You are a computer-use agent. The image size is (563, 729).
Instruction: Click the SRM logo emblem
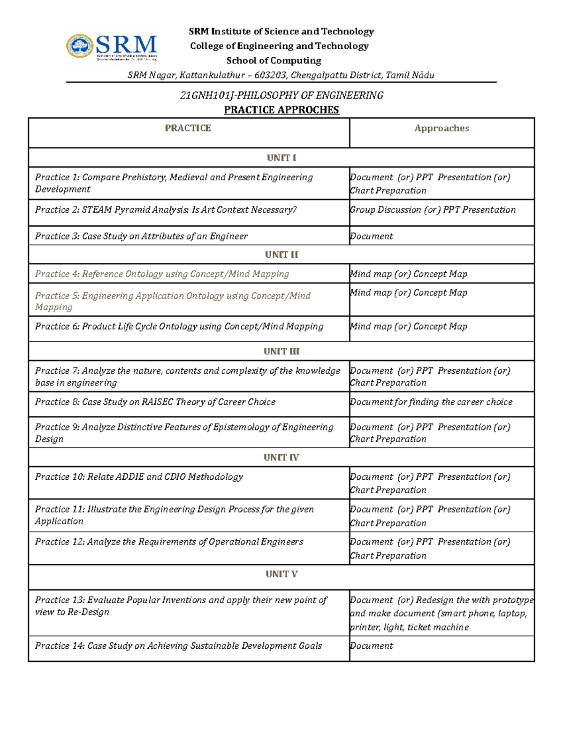point(80,46)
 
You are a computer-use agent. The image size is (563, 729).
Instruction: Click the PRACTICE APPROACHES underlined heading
point(281,110)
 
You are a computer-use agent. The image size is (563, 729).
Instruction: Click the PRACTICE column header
point(188,128)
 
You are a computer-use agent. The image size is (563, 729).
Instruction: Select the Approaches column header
point(441,128)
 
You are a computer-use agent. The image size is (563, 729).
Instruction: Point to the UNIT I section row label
point(281,158)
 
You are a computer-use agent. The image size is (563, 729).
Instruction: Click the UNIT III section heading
point(281,351)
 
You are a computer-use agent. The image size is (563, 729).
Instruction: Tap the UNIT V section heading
point(281,574)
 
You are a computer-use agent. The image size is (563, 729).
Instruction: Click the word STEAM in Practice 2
point(97,210)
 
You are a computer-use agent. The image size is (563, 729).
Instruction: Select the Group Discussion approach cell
point(432,210)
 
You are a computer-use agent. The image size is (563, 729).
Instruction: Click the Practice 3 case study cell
point(141,236)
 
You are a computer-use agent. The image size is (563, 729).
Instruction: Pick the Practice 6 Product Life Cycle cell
point(179,326)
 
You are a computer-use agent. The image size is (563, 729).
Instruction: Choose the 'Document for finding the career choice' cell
point(431,402)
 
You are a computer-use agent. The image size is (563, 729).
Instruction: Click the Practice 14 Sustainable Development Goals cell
point(178,646)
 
